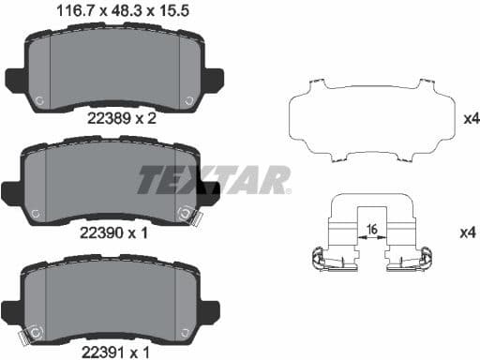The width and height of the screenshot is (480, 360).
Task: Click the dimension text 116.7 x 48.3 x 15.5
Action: (123, 10)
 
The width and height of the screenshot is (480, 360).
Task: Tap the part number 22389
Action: (109, 118)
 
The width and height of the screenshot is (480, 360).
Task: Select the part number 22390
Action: (101, 232)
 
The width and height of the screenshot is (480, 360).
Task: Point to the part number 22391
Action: (103, 352)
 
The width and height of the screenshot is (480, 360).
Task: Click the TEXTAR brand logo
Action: (214, 180)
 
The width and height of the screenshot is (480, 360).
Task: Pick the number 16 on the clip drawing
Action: (372, 230)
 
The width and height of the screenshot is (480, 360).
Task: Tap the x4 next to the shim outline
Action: (472, 119)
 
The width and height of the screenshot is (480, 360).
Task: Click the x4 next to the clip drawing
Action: (468, 232)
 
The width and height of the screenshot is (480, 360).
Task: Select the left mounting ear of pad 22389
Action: (15, 81)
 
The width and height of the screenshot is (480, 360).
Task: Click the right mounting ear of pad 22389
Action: (215, 81)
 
